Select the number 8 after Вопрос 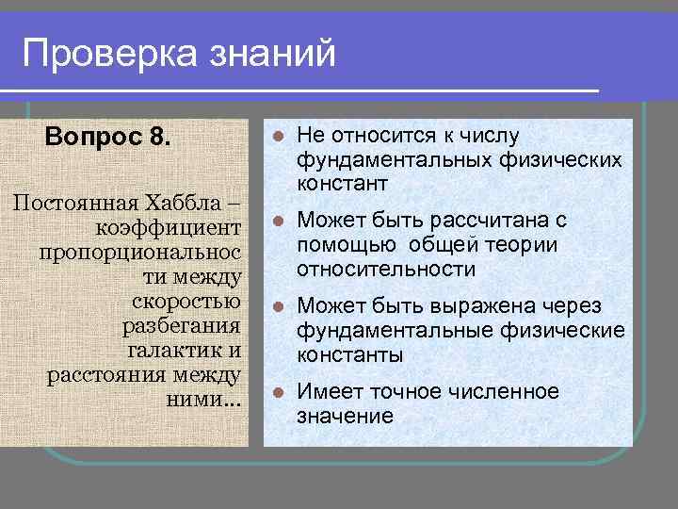[x=160, y=138]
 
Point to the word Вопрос [x=95, y=138]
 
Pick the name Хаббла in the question [x=188, y=203]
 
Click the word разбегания [x=183, y=326]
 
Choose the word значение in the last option [x=345, y=416]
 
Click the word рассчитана [x=486, y=222]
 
